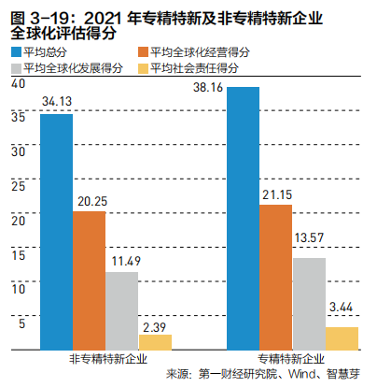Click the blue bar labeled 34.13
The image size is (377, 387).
(x=57, y=232)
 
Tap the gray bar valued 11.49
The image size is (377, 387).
(x=121, y=310)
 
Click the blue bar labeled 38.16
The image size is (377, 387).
(x=244, y=219)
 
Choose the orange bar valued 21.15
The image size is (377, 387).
(x=275, y=277)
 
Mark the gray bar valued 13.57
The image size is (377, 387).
(x=308, y=304)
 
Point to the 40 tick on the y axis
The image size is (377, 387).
(x=18, y=84)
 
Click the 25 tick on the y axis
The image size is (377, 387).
(x=18, y=185)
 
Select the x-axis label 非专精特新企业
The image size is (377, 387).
(x=105, y=359)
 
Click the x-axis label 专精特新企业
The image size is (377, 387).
(x=292, y=359)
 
